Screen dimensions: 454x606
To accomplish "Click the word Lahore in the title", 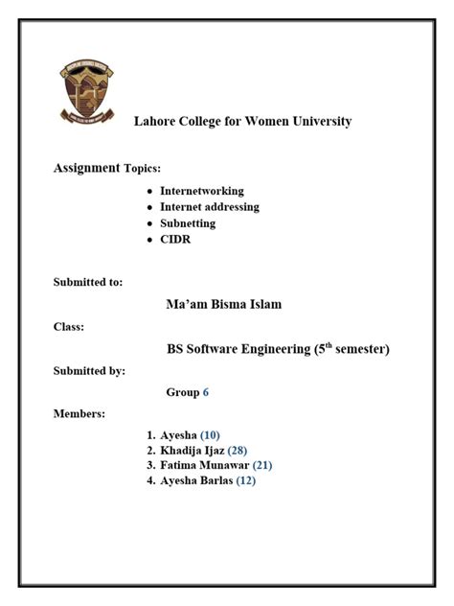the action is pos(154,122).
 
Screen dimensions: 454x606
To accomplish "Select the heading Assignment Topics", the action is pos(106,169).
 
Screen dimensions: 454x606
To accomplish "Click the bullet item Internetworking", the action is pos(201,191).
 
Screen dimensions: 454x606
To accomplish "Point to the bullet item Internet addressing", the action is pos(209,207).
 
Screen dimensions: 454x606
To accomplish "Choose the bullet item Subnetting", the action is pos(188,223).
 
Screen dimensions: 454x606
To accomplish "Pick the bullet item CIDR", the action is pos(175,240).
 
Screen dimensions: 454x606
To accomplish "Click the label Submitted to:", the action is pos(87,282).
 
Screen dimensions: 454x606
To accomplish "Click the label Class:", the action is pos(68,327).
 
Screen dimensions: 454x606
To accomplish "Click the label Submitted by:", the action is pos(89,371).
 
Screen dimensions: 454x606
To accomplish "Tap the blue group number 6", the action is pos(205,393).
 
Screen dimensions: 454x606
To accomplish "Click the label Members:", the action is pos(79,414).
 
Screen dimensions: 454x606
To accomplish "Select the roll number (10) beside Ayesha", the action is pos(210,436).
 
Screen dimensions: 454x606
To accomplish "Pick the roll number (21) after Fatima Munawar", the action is pos(262,466).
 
